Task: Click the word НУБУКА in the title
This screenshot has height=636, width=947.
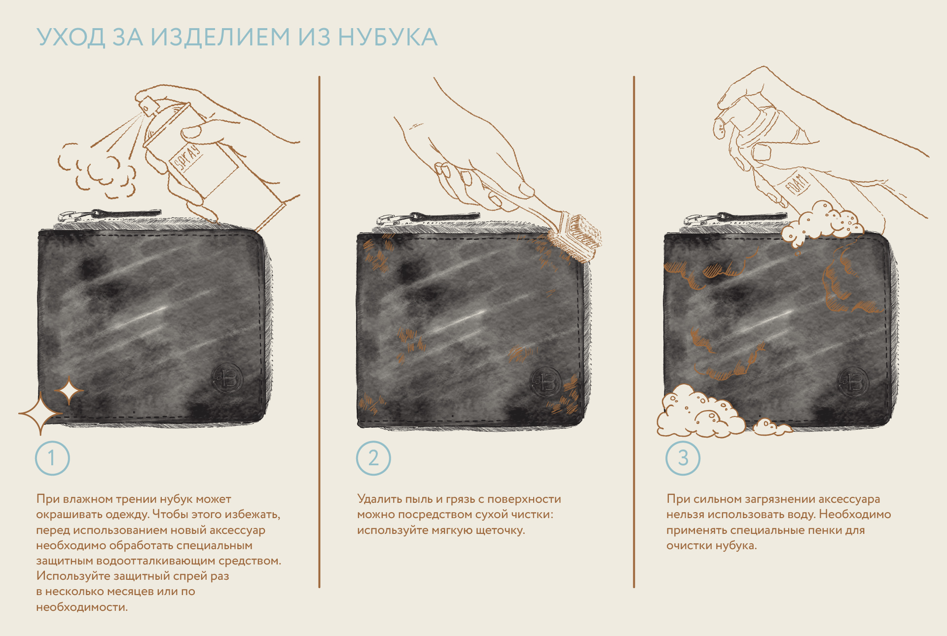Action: point(388,37)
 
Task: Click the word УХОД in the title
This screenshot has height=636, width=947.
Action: point(71,37)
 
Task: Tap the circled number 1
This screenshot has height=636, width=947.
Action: point(52,458)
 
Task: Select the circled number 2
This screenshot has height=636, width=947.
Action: point(373,458)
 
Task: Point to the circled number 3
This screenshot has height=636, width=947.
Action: point(683,458)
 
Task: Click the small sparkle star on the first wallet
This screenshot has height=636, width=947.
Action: point(69,391)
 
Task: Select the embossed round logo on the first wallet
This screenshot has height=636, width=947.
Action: point(227,378)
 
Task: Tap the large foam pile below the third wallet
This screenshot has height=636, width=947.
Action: point(700,412)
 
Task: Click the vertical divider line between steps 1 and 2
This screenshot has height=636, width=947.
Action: point(319,332)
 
